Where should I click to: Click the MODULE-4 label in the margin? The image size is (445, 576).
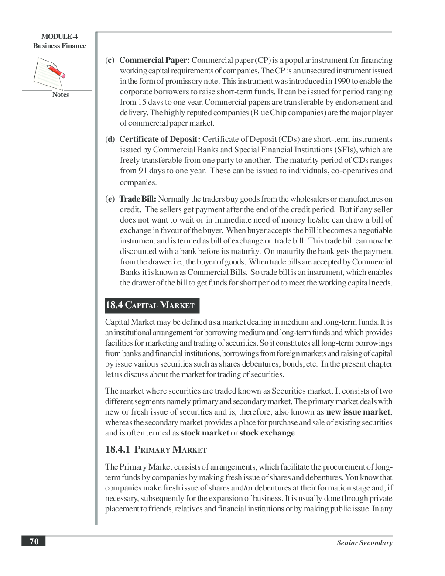[x=59, y=37]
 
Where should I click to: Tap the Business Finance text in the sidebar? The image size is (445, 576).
[x=59, y=46]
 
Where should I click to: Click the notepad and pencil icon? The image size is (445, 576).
[x=49, y=73]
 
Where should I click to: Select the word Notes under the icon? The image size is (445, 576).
[x=61, y=95]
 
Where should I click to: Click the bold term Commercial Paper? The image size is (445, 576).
[x=154, y=60]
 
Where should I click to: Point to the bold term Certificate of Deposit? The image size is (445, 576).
[x=160, y=139]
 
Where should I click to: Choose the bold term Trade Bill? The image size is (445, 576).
[x=137, y=199]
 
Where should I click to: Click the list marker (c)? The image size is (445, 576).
[x=110, y=60]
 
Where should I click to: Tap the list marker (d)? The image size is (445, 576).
[x=110, y=139]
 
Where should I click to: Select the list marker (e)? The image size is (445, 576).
[x=110, y=199]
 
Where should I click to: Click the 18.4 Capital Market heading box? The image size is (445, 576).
[x=152, y=305]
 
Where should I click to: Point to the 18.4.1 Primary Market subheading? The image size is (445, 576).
[x=156, y=449]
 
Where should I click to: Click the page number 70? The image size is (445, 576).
[x=34, y=542]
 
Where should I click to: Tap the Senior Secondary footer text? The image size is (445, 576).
[x=364, y=543]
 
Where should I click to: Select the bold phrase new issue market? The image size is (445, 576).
[x=358, y=412]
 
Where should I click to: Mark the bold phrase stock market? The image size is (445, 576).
[x=205, y=433]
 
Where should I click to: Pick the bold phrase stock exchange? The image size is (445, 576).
[x=267, y=433]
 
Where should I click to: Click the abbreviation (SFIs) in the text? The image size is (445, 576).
[x=343, y=150]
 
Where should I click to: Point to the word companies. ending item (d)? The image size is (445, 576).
[x=138, y=182]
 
